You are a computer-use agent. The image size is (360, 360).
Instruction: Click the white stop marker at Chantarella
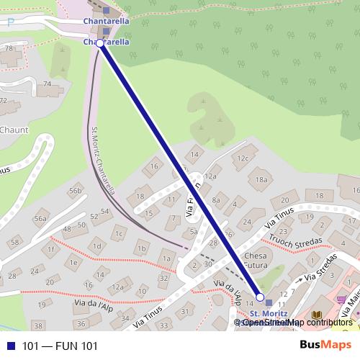[100, 43]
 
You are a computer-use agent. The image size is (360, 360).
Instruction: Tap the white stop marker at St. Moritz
[260, 297]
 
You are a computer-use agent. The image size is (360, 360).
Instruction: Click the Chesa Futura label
[256, 261]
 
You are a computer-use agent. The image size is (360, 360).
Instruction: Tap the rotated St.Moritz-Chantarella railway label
[104, 161]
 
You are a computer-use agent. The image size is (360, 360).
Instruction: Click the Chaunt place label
[14, 130]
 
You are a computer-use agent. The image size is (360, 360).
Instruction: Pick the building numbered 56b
[75, 191]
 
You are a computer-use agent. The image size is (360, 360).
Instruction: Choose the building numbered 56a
[40, 219]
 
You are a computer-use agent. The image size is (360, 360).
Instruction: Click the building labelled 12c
[243, 158]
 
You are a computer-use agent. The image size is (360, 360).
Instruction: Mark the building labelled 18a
[261, 180]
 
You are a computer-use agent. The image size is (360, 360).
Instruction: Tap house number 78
[9, 48]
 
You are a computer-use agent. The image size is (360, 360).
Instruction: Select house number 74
[48, 84]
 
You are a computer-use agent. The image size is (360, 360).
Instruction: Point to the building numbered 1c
[119, 233]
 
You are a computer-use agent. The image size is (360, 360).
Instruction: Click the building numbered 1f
[50, 249]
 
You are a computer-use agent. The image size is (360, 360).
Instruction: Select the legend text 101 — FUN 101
[60, 346]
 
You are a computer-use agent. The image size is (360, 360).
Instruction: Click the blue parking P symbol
[10, 22]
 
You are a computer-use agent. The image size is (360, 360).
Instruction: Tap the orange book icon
[317, 315]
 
